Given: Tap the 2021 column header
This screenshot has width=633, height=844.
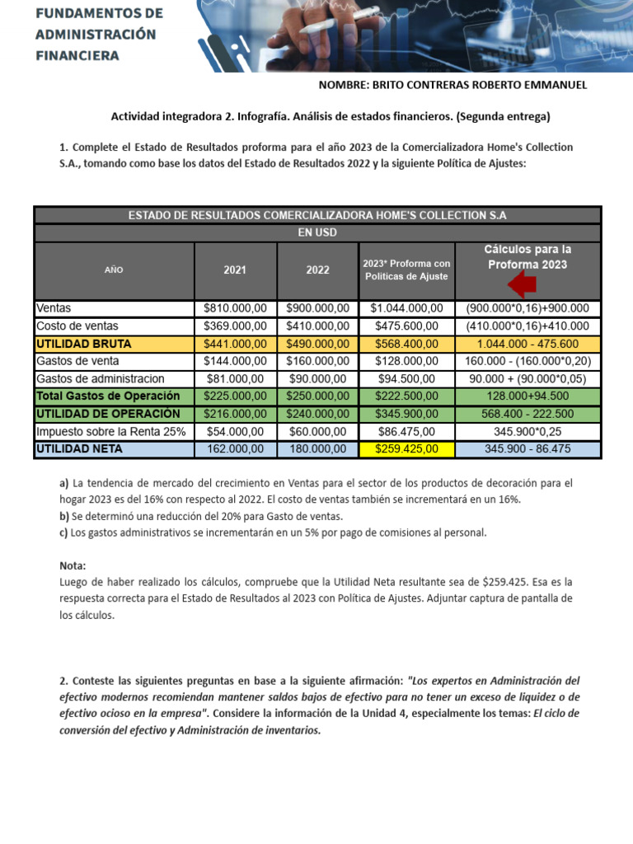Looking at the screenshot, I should click(x=235, y=270).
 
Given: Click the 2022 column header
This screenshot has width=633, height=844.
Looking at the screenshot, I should click(x=317, y=270).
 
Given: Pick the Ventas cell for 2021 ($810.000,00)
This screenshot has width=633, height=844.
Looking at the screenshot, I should click(x=235, y=308).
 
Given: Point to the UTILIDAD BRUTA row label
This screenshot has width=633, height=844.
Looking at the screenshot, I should click(x=84, y=344).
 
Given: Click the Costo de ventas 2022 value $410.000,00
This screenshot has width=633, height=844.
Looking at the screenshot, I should click(x=317, y=326).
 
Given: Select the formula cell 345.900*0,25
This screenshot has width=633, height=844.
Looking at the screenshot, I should click(x=527, y=431).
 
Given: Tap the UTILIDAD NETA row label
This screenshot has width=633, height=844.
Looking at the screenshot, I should click(x=79, y=449).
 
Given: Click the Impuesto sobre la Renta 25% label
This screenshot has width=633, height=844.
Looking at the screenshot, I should click(x=111, y=431).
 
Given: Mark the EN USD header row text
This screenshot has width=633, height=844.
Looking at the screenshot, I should click(x=317, y=233).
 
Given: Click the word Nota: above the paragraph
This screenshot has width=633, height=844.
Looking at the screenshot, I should click(x=73, y=566).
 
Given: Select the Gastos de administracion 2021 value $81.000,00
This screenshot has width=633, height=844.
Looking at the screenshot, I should click(x=235, y=378).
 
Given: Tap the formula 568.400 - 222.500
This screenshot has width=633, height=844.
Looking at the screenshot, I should click(x=527, y=414).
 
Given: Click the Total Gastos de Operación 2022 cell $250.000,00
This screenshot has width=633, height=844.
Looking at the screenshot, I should click(x=317, y=396).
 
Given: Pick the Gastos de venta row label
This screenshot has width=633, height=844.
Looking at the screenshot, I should click(x=77, y=361).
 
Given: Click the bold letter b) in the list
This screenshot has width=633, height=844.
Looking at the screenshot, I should click(x=64, y=516).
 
